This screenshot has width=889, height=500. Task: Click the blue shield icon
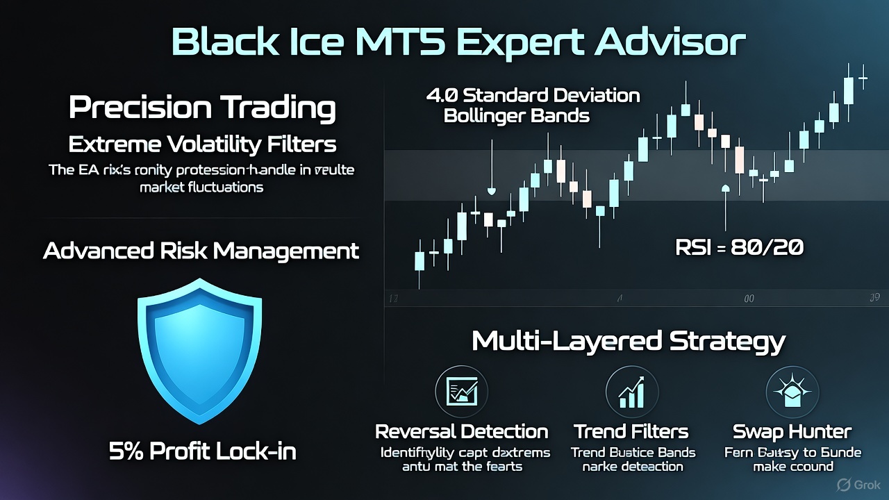pos(199,351)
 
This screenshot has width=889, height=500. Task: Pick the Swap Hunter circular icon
pos(792,392)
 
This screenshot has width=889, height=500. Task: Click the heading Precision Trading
pos(202,108)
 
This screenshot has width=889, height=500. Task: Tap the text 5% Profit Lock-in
pos(203,451)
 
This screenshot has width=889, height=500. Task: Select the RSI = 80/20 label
pos(739,247)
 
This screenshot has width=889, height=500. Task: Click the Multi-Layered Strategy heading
pos(628,341)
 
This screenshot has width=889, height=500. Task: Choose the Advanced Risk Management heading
pos(201,250)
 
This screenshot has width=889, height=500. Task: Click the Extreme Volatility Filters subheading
pos(202,144)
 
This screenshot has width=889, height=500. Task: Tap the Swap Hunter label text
pos(792,432)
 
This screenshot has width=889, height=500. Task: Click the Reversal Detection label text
pos(461,432)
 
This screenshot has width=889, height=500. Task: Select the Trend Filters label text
pos(631,432)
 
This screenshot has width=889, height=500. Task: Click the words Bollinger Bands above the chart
pos(516,115)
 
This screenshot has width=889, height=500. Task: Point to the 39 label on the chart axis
pos(874,297)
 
